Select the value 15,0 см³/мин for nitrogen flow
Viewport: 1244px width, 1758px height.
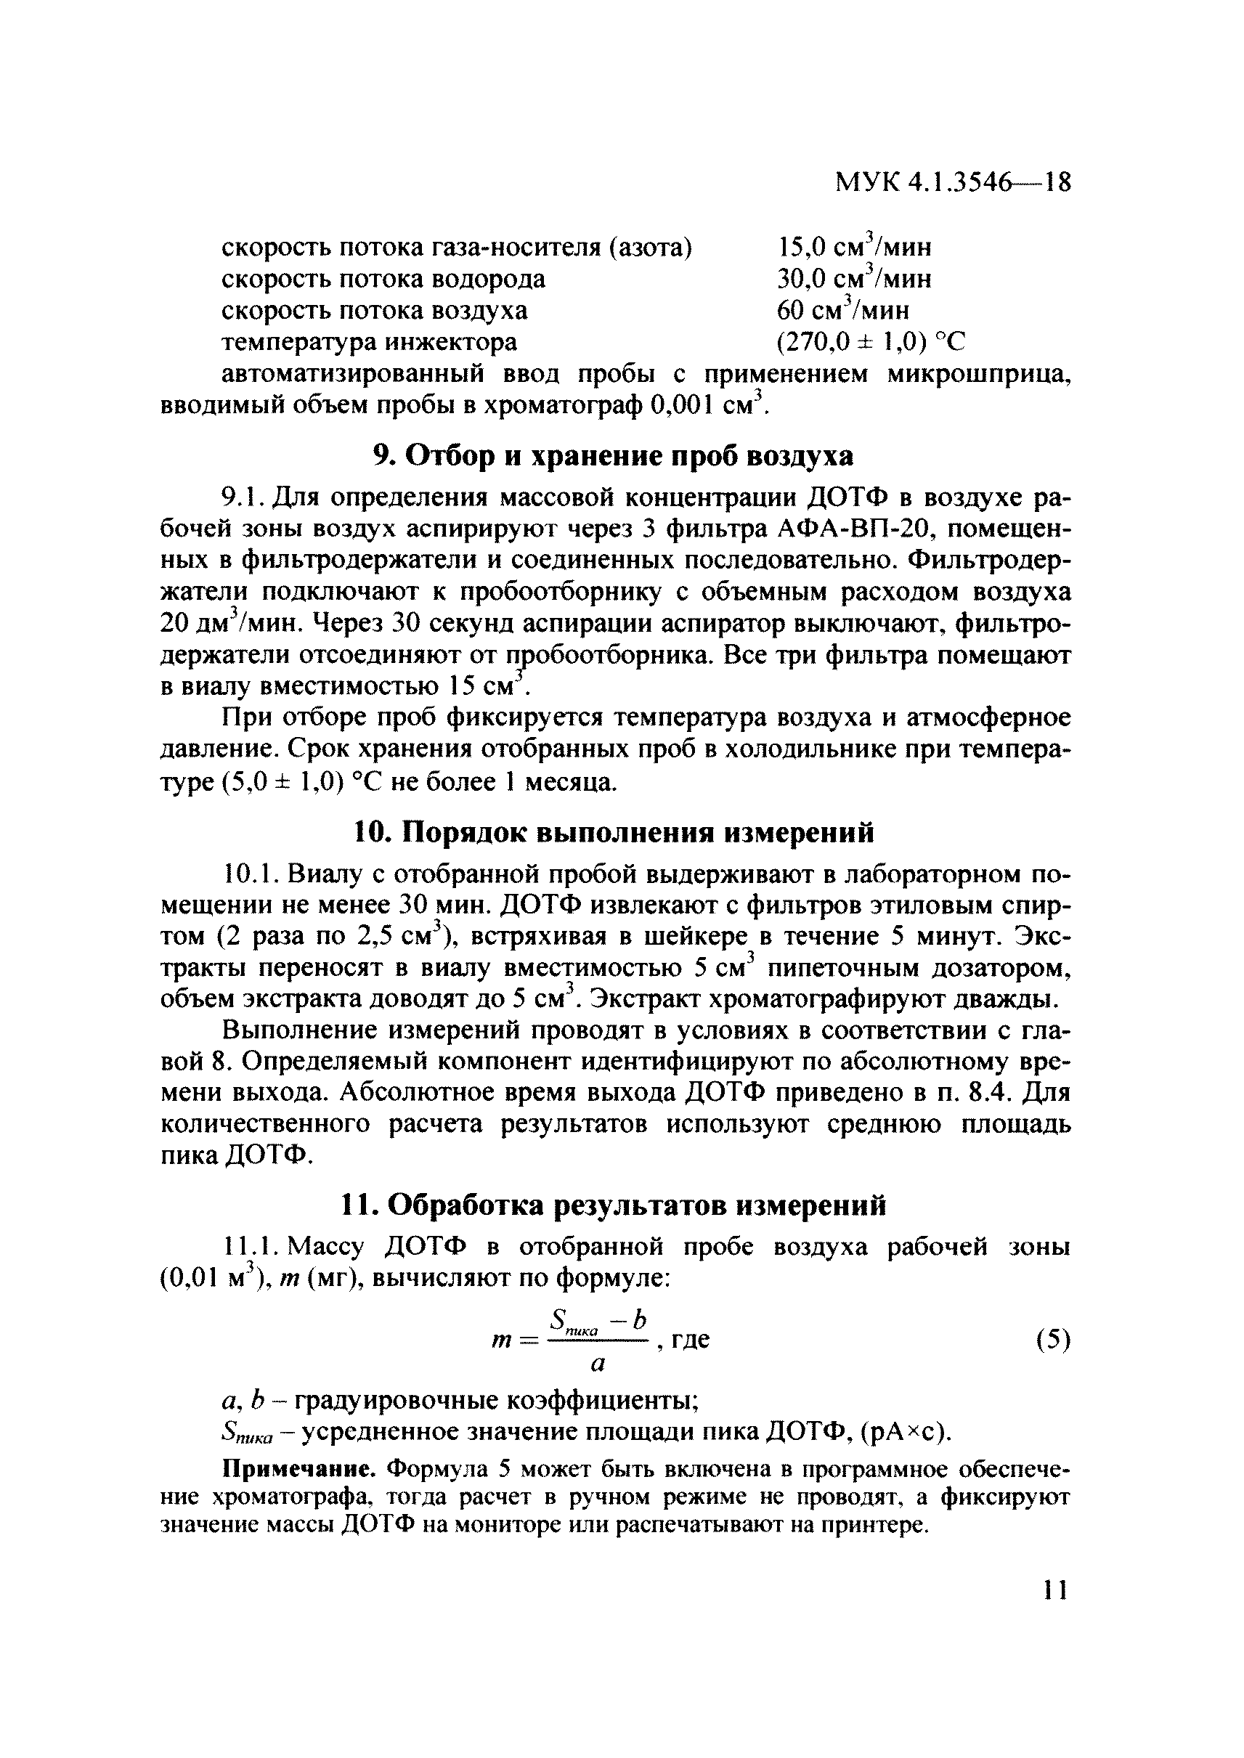click(x=854, y=248)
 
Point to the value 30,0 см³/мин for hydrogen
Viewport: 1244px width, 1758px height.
click(x=854, y=279)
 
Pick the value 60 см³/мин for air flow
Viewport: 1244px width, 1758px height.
click(x=842, y=310)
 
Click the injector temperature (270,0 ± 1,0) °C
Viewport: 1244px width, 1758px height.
click(x=871, y=341)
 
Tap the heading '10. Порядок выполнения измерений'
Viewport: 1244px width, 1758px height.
click(x=613, y=833)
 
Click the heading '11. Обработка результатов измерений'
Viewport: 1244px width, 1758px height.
click(x=613, y=1205)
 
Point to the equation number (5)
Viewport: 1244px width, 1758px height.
click(x=1052, y=1340)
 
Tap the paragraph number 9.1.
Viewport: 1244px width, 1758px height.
click(x=243, y=498)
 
